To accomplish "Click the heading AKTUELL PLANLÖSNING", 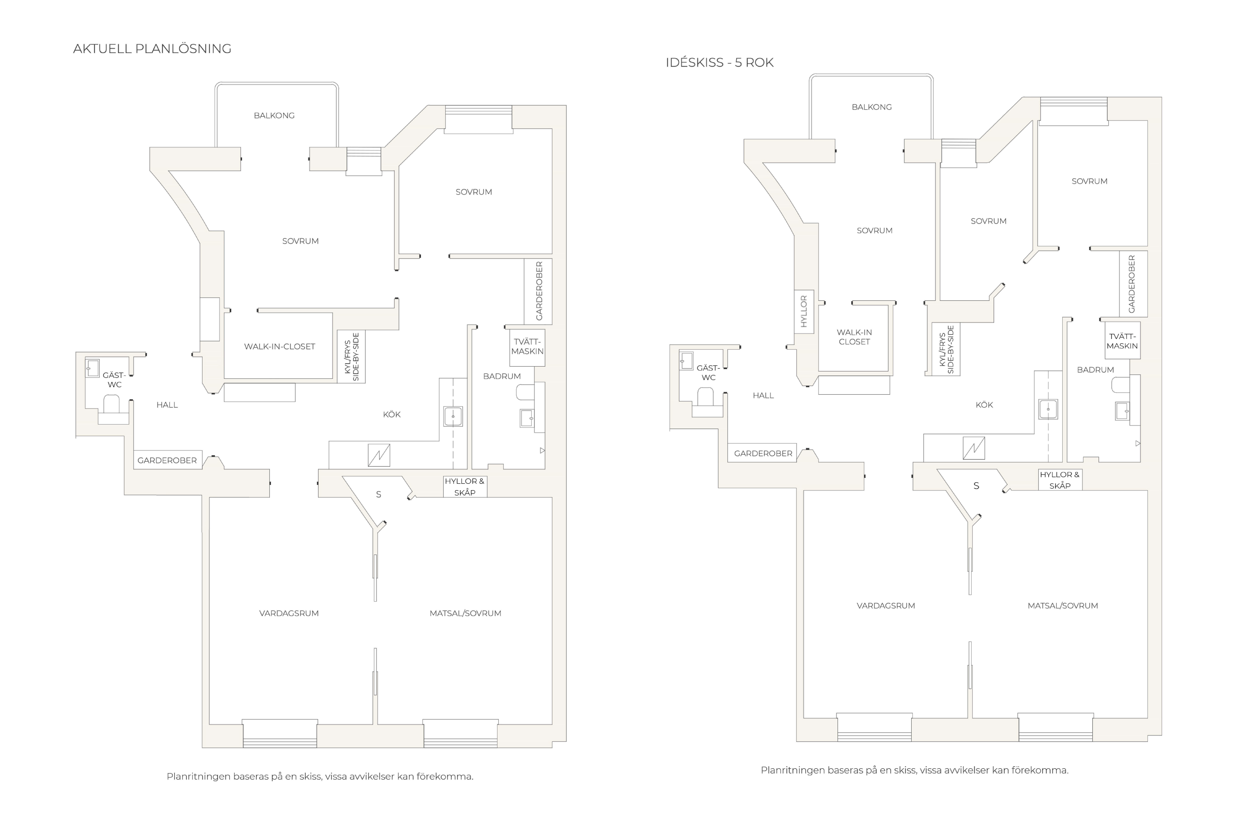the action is (152, 49).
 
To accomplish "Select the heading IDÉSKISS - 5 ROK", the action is (719, 62).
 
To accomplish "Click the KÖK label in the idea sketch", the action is (984, 405).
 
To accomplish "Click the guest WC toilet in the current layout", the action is (111, 404).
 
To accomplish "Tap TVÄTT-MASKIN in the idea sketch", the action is (1122, 341).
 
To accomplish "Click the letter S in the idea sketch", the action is (976, 486).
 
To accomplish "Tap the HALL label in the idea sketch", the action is (763, 395).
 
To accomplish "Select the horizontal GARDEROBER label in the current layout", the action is (167, 460).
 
